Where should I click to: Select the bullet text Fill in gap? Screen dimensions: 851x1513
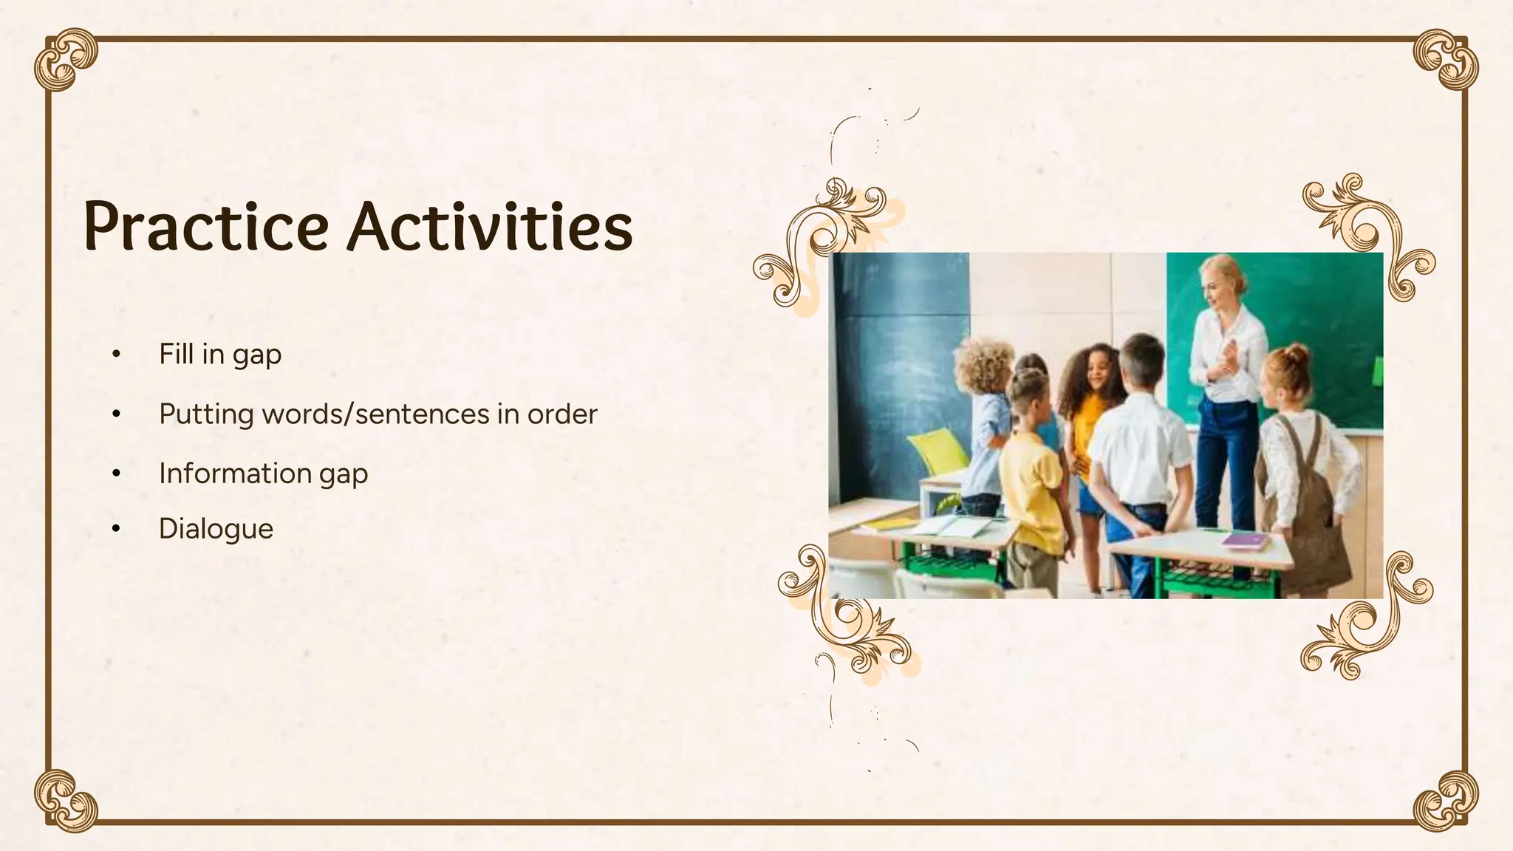point(219,355)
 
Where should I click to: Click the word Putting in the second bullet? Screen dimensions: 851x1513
point(206,414)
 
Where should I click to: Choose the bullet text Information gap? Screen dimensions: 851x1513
point(263,474)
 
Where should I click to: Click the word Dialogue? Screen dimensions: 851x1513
point(216,529)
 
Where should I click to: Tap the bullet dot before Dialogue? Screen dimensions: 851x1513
point(115,529)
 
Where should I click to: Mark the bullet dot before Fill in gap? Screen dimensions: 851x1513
point(115,355)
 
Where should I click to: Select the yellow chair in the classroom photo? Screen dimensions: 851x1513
point(936,452)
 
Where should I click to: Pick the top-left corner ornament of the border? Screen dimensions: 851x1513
point(65,59)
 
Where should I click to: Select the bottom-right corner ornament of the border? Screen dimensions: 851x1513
point(1446,801)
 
